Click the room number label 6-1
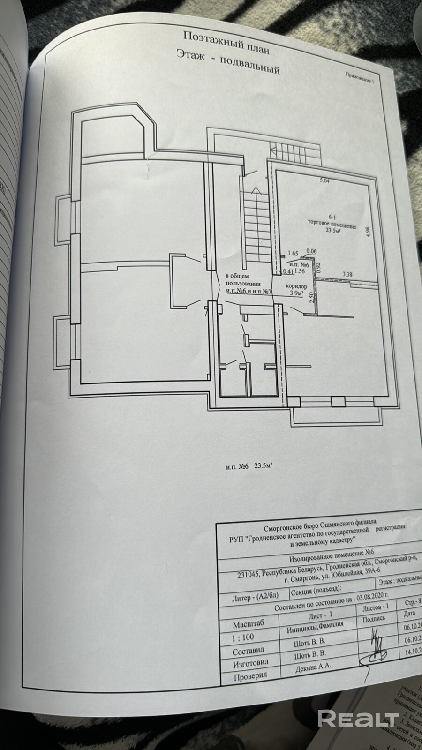[x=332, y=217]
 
